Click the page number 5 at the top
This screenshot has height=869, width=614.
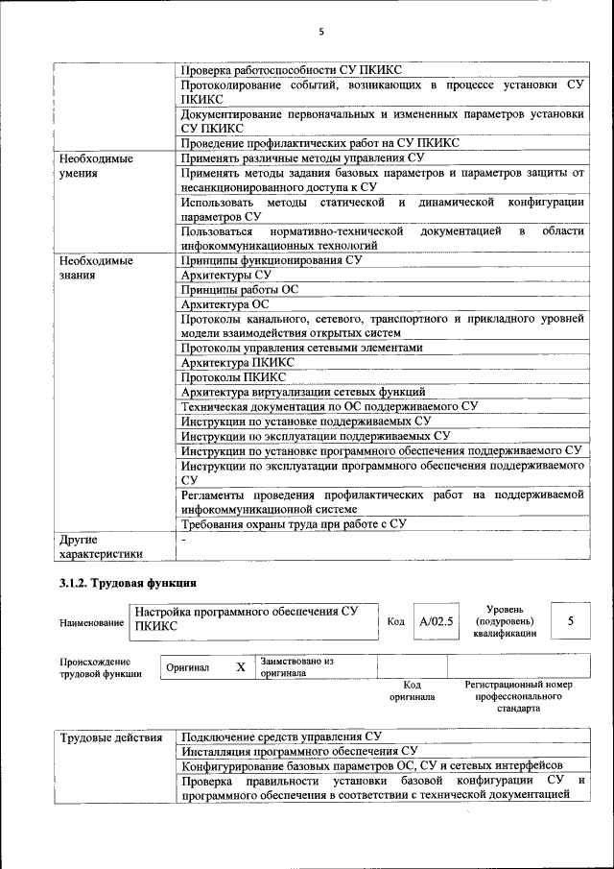tap(321, 32)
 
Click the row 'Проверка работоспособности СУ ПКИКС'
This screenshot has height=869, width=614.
tap(292, 70)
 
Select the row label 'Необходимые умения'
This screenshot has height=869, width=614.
tap(96, 166)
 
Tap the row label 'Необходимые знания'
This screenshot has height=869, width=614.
tap(96, 268)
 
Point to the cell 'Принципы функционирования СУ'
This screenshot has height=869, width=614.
tap(272, 260)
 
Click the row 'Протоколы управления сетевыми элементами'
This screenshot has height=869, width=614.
tap(301, 348)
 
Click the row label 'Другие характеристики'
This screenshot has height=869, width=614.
tap(101, 546)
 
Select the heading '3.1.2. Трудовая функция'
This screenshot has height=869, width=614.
tap(128, 584)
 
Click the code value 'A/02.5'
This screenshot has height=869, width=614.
tap(437, 621)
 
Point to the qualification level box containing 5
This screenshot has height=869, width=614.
tap(570, 621)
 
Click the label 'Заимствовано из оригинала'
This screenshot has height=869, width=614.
tap(296, 667)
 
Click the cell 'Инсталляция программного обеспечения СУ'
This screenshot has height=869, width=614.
tap(298, 751)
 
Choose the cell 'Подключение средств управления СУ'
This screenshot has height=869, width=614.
tap(281, 736)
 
